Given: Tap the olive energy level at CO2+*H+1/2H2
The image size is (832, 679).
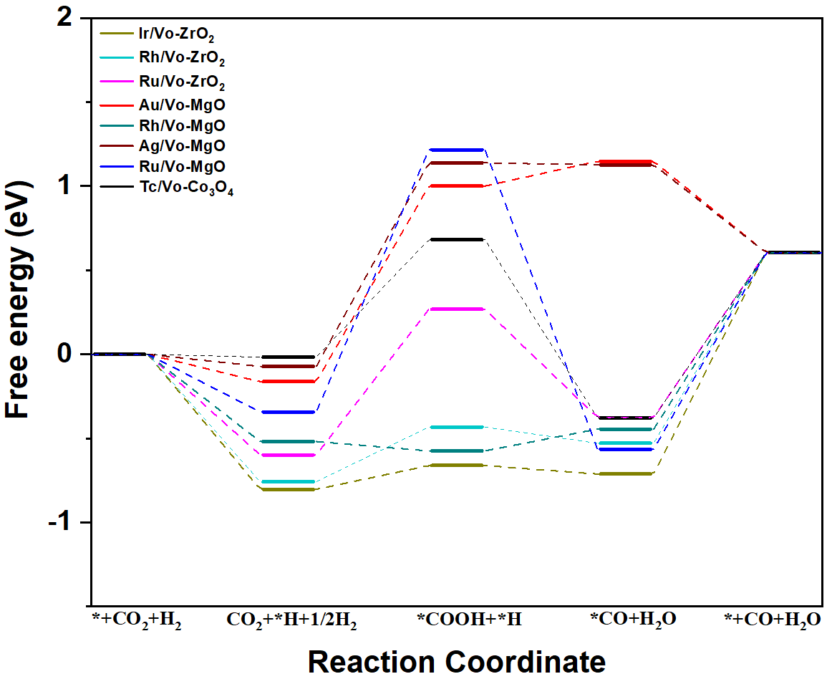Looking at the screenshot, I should point(289,489).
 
